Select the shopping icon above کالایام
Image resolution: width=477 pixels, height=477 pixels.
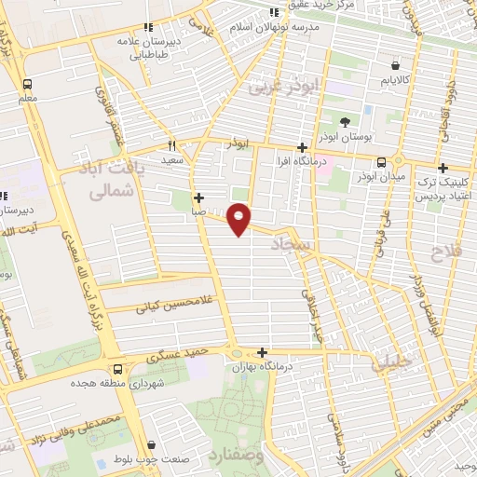pyautogui.click(x=398, y=66)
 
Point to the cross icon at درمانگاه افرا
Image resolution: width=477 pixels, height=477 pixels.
pyautogui.click(x=300, y=147)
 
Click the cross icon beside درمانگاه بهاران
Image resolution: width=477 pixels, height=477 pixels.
pyautogui.click(x=264, y=352)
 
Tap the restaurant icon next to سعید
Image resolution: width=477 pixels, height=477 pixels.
pyautogui.click(x=171, y=145)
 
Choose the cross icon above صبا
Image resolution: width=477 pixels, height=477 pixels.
pyautogui.click(x=199, y=198)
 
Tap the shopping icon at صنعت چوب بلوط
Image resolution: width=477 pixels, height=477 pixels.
pyautogui.click(x=152, y=445)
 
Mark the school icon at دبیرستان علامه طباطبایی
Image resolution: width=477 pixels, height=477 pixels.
pyautogui.click(x=147, y=28)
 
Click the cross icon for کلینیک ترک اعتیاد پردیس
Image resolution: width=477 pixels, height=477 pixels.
pyautogui.click(x=443, y=168)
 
